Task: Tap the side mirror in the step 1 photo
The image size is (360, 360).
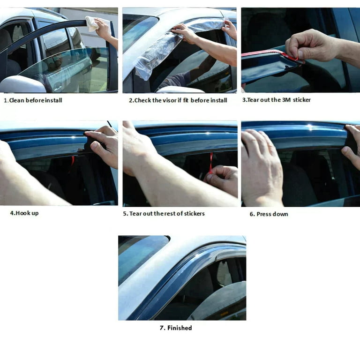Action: click(23, 84)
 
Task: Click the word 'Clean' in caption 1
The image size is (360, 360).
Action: click(16, 100)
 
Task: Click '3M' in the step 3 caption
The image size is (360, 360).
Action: click(286, 100)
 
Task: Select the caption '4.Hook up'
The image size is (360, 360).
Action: click(24, 213)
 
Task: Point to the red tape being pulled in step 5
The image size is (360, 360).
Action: click(211, 165)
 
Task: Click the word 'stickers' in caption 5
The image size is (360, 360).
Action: click(194, 214)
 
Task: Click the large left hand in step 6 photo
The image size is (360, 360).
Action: click(262, 168)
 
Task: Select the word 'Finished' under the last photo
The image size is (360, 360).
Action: click(180, 328)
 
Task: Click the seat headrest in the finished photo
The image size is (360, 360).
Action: click(225, 273)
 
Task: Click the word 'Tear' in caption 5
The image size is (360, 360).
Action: click(135, 214)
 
